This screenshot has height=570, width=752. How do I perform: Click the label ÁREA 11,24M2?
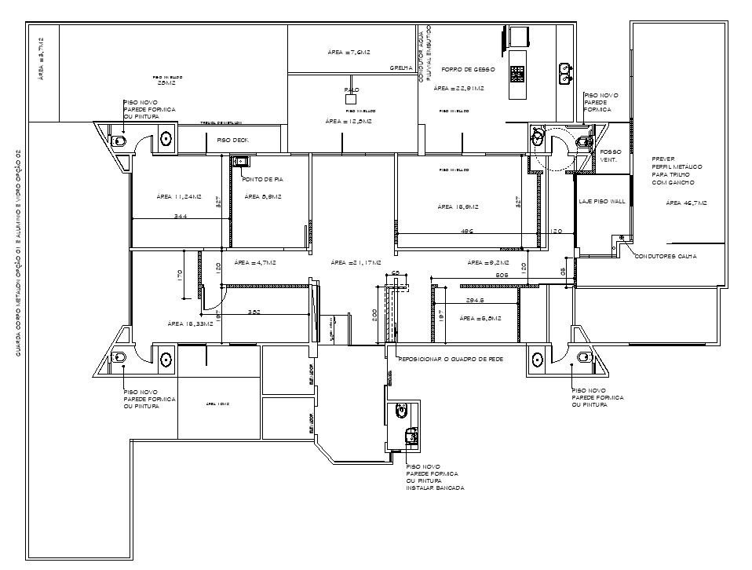pos(179,196)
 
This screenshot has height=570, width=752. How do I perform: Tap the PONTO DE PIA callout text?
pos(261,180)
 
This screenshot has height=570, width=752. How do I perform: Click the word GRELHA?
pos(401,68)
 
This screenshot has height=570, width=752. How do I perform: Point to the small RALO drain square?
pos(352,100)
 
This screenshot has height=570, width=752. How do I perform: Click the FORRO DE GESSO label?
pos(468,69)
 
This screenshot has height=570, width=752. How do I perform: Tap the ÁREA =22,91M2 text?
pos(458,89)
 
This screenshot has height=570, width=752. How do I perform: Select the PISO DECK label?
pos(232,139)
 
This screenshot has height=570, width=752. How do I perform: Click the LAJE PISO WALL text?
pos(601,202)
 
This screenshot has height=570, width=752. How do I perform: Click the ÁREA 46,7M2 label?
pos(686,203)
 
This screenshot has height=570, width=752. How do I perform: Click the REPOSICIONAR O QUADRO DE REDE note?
pos(451,358)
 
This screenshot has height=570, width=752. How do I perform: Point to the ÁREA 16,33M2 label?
pos(190,323)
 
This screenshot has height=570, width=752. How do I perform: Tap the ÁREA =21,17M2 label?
pos(356,262)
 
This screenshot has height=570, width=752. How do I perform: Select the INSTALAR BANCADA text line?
pos(435,488)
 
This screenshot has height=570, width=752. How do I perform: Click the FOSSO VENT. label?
pos(610,155)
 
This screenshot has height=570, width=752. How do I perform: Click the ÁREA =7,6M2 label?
pos(348,52)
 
